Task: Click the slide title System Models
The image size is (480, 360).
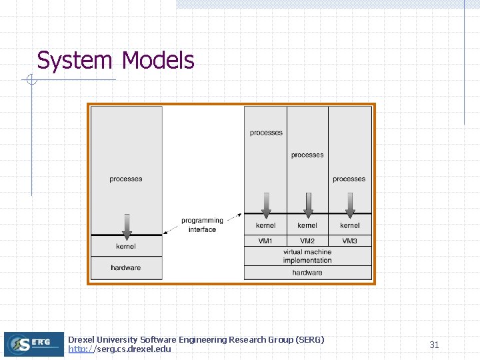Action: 115,61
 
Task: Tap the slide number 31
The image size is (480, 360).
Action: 434,345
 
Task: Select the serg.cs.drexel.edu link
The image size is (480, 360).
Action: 119,349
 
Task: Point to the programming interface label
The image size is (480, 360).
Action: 202,225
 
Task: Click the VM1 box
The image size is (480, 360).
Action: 265,241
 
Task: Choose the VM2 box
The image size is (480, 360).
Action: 307,241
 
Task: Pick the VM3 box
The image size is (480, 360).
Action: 349,241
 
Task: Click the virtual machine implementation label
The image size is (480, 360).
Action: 307,256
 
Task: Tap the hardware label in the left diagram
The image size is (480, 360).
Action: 126,267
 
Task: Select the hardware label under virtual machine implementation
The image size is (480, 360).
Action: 307,273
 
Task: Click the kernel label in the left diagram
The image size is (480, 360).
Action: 126,247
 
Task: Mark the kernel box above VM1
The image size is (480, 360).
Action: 265,225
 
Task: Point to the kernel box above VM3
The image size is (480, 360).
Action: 349,225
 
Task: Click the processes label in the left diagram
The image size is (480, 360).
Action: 126,179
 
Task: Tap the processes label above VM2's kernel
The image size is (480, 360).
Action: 307,155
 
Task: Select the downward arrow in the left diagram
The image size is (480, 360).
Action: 126,226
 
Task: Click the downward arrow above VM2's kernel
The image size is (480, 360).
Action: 307,203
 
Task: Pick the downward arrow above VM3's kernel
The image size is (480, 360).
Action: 349,203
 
